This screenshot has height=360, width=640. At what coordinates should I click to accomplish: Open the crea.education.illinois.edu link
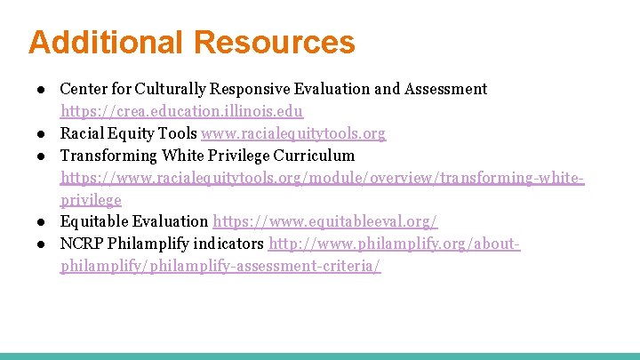pyautogui.click(x=181, y=112)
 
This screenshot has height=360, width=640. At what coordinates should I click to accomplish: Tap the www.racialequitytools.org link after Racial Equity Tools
pyautogui.click(x=293, y=134)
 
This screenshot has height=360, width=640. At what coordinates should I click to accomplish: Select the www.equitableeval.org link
pyautogui.click(x=324, y=221)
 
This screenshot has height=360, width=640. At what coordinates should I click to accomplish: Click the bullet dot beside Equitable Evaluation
pyautogui.click(x=42, y=221)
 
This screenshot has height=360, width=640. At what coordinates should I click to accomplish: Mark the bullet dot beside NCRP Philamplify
pyautogui.click(x=42, y=244)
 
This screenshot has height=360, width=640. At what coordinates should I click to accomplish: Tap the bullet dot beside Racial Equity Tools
pyautogui.click(x=42, y=134)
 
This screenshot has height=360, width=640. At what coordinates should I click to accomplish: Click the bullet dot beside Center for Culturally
pyautogui.click(x=42, y=89)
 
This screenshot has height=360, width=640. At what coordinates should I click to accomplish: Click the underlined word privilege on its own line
pyautogui.click(x=90, y=200)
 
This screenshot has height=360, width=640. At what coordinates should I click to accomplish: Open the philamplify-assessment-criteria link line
pyautogui.click(x=220, y=266)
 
